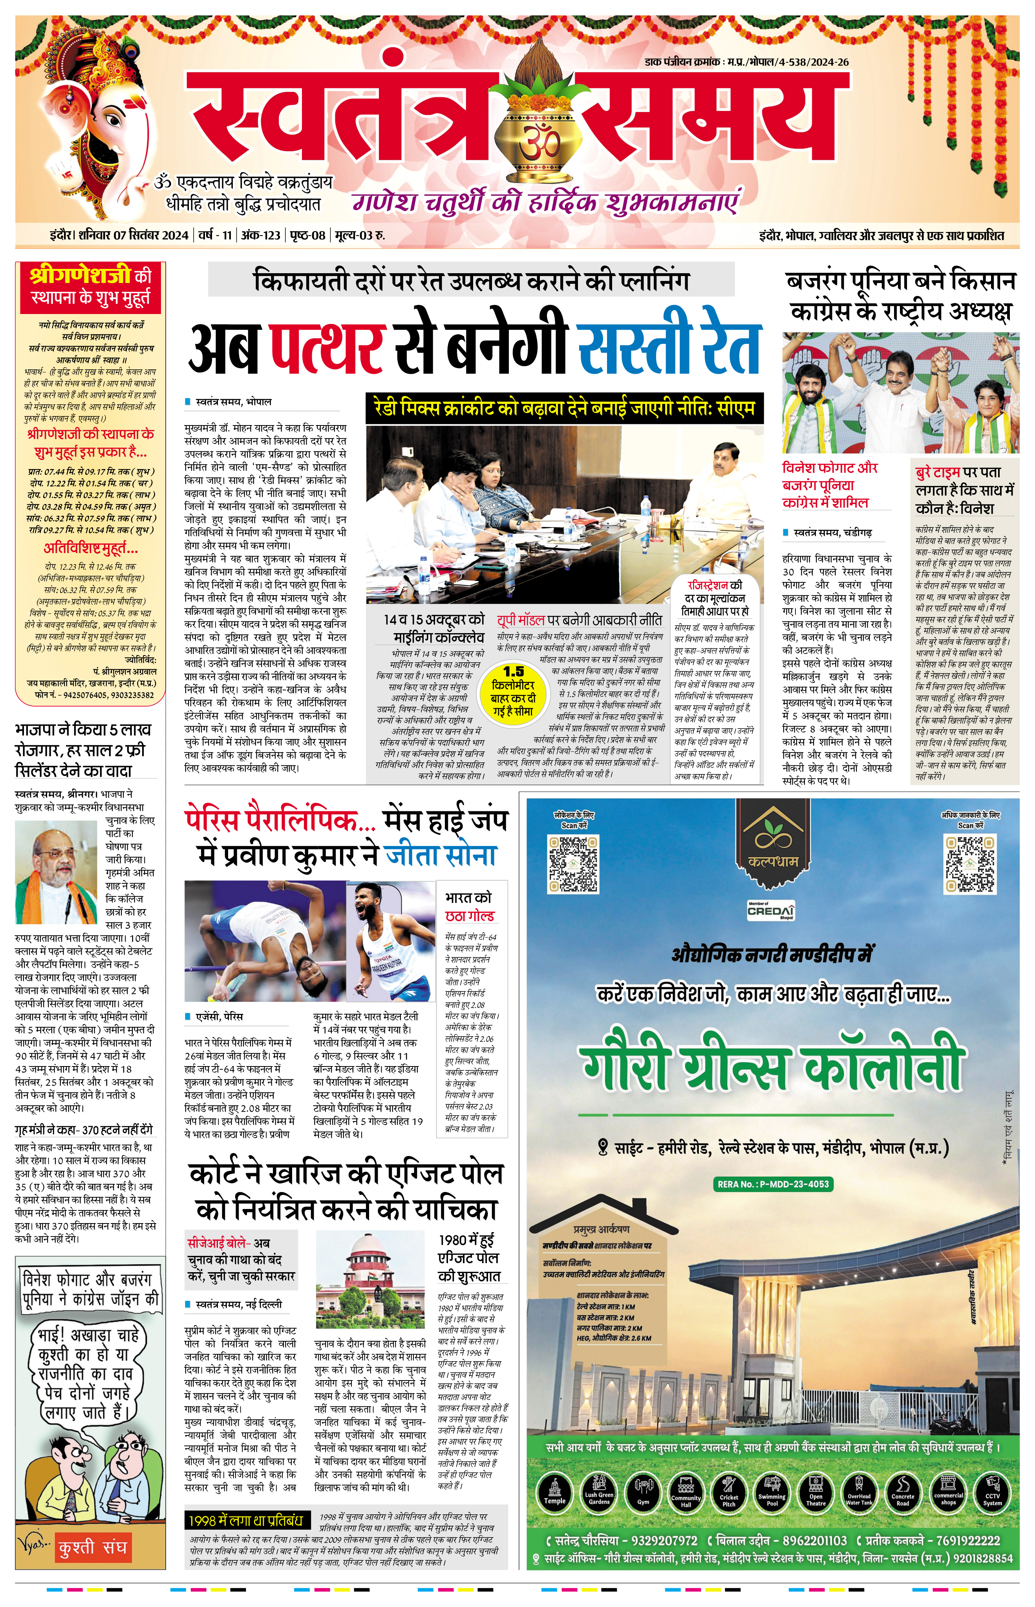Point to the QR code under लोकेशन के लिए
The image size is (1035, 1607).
tap(573, 863)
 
